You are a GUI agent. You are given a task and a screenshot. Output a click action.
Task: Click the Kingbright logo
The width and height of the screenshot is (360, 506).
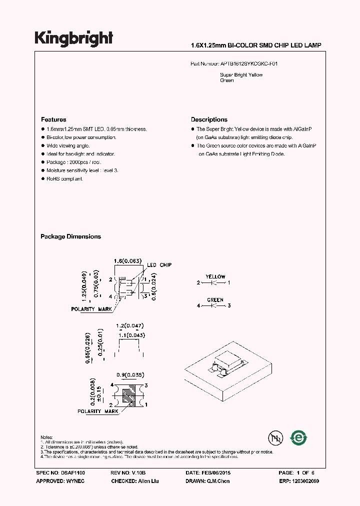click(73, 38)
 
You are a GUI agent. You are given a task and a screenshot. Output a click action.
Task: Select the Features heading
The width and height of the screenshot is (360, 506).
click(53, 120)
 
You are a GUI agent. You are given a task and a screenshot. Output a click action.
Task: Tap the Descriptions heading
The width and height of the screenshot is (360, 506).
click(209, 120)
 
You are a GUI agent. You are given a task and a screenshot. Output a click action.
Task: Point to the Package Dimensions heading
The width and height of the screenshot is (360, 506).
click(70, 236)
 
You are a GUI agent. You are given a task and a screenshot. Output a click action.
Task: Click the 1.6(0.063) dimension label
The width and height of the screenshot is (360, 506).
click(128, 261)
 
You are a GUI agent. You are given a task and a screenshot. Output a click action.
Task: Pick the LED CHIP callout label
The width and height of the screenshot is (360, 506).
click(159, 265)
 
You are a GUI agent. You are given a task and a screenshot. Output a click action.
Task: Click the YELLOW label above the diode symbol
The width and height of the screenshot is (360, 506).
click(215, 276)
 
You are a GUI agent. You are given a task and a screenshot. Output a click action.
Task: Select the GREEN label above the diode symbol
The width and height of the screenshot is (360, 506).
click(215, 300)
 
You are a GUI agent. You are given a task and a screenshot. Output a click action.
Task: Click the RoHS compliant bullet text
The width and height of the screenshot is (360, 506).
click(65, 179)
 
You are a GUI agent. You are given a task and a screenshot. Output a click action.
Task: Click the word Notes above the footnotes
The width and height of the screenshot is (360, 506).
click(46, 437)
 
